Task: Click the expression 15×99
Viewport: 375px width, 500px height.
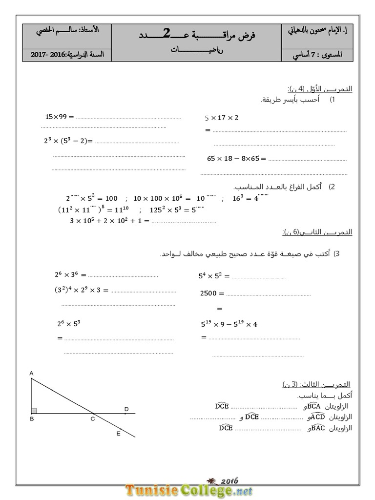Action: click(x=58, y=117)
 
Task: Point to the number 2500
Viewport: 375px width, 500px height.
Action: click(x=210, y=293)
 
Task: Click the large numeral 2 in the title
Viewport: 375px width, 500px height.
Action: click(x=167, y=33)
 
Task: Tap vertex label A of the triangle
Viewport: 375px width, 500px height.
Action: click(x=31, y=374)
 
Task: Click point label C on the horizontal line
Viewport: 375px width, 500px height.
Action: click(x=93, y=419)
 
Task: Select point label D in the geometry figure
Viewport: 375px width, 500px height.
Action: click(x=126, y=409)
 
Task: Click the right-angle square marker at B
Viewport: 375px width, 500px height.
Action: click(x=34, y=411)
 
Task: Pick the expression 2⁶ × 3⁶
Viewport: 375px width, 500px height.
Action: click(x=68, y=274)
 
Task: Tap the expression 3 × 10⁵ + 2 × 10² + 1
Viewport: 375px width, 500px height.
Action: click(x=109, y=221)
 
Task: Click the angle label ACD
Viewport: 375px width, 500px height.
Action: click(x=317, y=417)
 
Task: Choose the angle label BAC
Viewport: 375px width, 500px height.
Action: click(x=317, y=428)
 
